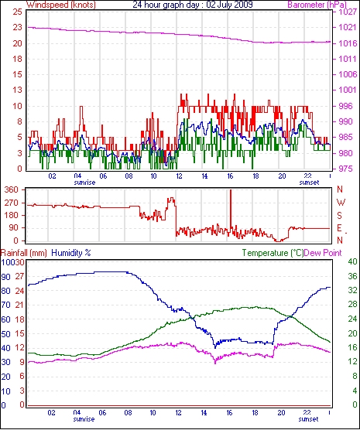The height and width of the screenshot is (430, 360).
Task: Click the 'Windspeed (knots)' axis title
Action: [x=61, y=5]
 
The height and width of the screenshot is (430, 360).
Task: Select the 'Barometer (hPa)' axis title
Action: [x=317, y=5]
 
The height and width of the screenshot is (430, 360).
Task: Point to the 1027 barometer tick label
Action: [x=348, y=12]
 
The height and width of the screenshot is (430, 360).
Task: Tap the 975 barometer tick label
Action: [x=345, y=169]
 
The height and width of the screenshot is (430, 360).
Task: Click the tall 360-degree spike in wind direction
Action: [x=231, y=208]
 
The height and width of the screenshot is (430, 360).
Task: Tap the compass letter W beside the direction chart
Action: [x=341, y=203]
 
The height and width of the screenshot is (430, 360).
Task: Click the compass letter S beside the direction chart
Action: [x=340, y=216]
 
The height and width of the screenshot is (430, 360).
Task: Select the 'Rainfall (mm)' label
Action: [x=24, y=253]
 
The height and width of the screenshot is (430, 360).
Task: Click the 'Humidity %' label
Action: [x=71, y=253]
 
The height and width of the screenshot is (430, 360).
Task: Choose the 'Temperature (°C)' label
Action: [x=273, y=253]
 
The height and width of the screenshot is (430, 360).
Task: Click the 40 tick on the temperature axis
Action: [x=352, y=261]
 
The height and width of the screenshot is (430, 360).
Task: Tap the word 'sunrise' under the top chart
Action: [x=84, y=183]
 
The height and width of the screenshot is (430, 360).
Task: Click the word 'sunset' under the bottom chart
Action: [x=308, y=419]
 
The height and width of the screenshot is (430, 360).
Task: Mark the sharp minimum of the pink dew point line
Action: [x=215, y=363]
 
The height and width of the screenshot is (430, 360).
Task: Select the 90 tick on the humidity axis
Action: [x=5, y=277]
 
